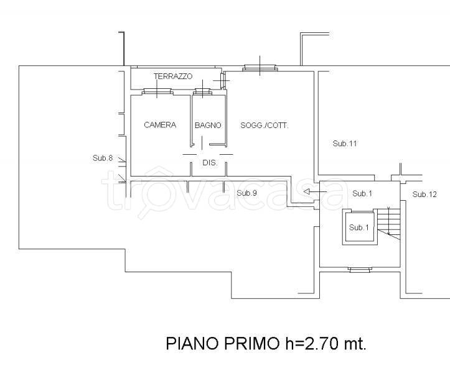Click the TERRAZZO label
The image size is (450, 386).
pos(174,76)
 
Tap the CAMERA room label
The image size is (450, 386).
pos(160,125)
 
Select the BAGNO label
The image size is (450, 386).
pos(208,125)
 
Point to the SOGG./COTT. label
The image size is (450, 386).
pos(265,125)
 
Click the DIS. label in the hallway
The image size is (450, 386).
pos(209,163)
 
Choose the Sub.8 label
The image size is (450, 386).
pos(102,159)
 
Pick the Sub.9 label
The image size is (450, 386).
pos(247,193)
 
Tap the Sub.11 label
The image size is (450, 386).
pos(344,144)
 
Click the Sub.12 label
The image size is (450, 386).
pos(424,195)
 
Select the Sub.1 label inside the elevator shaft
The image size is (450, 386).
pos(359,227)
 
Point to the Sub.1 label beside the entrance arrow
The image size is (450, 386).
pos(362,194)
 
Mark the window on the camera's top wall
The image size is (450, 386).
pos(158,93)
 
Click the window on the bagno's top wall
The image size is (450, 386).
pos(203,93)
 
